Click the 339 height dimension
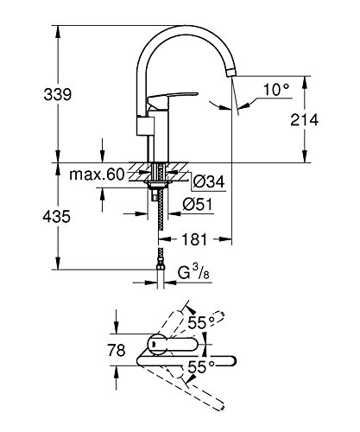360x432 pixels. pos(57,94)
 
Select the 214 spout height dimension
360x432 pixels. pos(304,119)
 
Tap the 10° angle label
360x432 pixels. pos(276,89)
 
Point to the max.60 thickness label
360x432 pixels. pos(97,175)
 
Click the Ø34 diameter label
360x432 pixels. pos(209,181)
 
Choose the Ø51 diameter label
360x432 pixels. pos(198,204)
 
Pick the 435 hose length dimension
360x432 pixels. pos(56,216)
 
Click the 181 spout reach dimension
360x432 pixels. pos(194,239)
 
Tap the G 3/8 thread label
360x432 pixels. pos(193,272)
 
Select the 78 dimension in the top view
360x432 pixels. pos(117,350)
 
